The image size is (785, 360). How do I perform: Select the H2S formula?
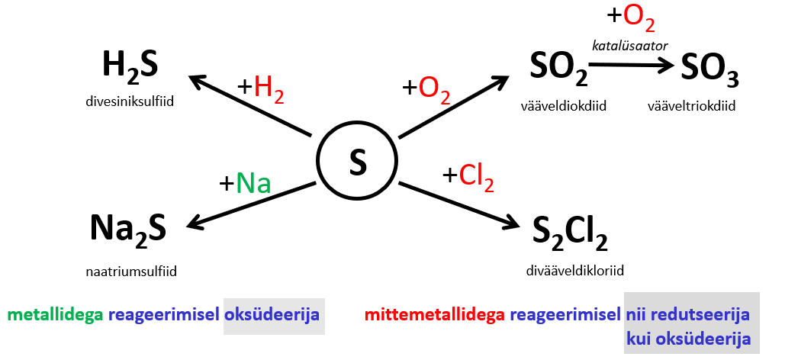[x=130, y=67]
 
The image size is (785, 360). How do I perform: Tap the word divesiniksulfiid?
[x=130, y=99]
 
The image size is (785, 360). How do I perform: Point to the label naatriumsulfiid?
[x=127, y=270]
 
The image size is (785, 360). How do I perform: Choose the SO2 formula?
[x=558, y=69]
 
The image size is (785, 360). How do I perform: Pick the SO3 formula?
[x=709, y=70]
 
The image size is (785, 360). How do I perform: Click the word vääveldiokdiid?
[x=563, y=107]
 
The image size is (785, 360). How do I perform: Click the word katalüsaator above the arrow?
[x=630, y=47]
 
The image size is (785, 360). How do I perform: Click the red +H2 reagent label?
[x=261, y=88]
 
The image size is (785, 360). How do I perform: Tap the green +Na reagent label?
[x=246, y=183]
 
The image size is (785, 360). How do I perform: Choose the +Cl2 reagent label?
[x=468, y=177]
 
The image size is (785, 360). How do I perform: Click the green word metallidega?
[x=56, y=314]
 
